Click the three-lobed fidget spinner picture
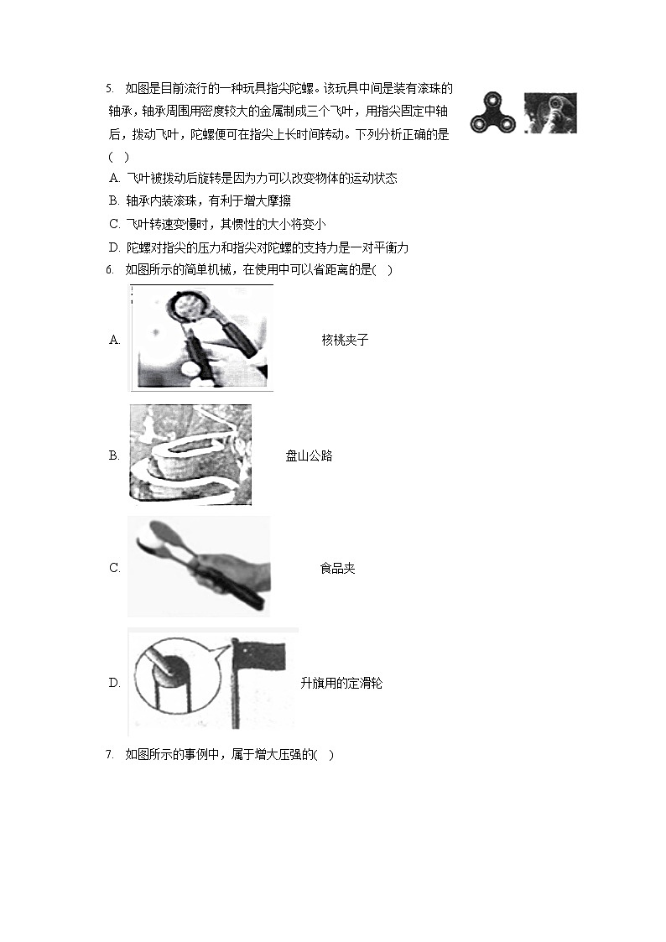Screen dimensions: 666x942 tap(492, 113)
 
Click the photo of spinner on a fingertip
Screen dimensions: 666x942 tap(550, 113)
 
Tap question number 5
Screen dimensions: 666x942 tap(109, 89)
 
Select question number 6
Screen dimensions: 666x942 tap(109, 270)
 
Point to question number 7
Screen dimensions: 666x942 tap(109, 755)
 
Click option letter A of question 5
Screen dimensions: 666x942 tap(115, 178)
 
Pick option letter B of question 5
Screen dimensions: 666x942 tap(114, 200)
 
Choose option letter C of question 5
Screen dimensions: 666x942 tap(115, 224)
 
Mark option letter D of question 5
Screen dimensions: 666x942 tap(115, 247)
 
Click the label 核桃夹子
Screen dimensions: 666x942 tap(345, 340)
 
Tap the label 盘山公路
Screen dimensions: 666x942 tap(309, 456)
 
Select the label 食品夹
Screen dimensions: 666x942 tap(337, 569)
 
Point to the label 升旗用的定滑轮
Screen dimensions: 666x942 tap(341, 683)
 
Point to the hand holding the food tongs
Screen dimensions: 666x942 tap(232, 570)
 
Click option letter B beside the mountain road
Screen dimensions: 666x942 tap(114, 456)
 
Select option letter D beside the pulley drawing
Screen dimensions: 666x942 tap(115, 683)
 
